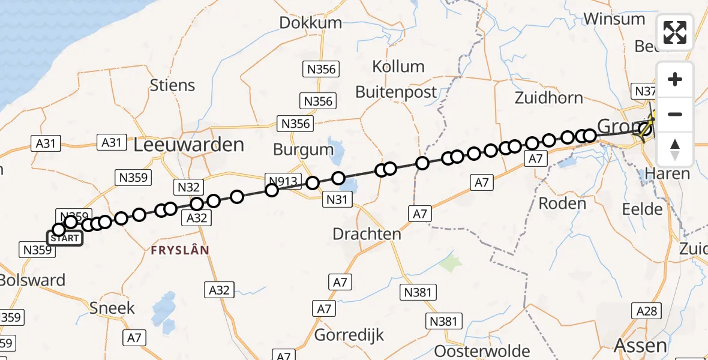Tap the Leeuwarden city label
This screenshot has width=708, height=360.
tap(189, 145)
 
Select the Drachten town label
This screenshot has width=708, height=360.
tap(367, 233)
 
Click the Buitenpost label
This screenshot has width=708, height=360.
tap(396, 92)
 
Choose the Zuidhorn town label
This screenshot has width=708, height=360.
tap(548, 97)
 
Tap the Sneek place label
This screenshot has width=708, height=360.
tap(112, 308)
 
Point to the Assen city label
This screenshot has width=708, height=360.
tap(641, 345)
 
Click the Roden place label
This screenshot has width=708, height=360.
tap(562, 203)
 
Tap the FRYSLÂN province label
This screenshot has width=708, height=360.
tap(176, 250)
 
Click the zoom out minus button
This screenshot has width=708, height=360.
tap(675, 114)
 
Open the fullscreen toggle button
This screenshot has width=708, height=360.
tap(675, 32)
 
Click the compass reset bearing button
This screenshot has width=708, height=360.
tap(675, 149)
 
